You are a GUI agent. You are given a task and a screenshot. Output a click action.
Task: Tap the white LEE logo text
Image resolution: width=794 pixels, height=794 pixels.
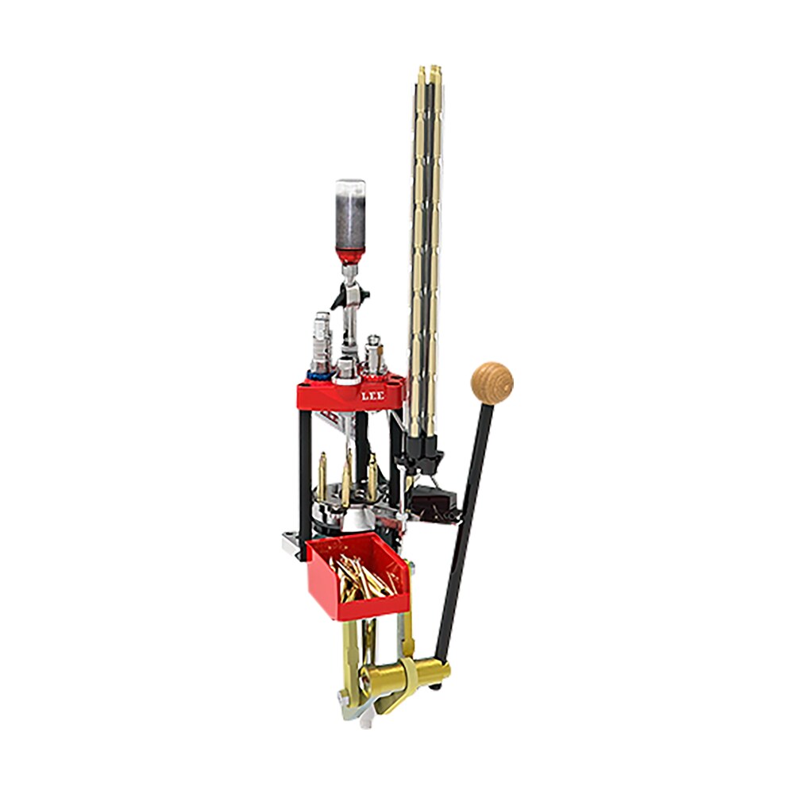372,396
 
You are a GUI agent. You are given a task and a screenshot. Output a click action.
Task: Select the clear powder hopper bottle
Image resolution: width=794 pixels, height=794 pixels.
350,215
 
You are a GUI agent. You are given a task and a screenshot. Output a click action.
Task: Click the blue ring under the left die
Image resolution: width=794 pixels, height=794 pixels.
318,376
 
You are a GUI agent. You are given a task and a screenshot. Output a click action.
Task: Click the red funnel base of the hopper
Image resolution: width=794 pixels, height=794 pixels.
350,257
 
